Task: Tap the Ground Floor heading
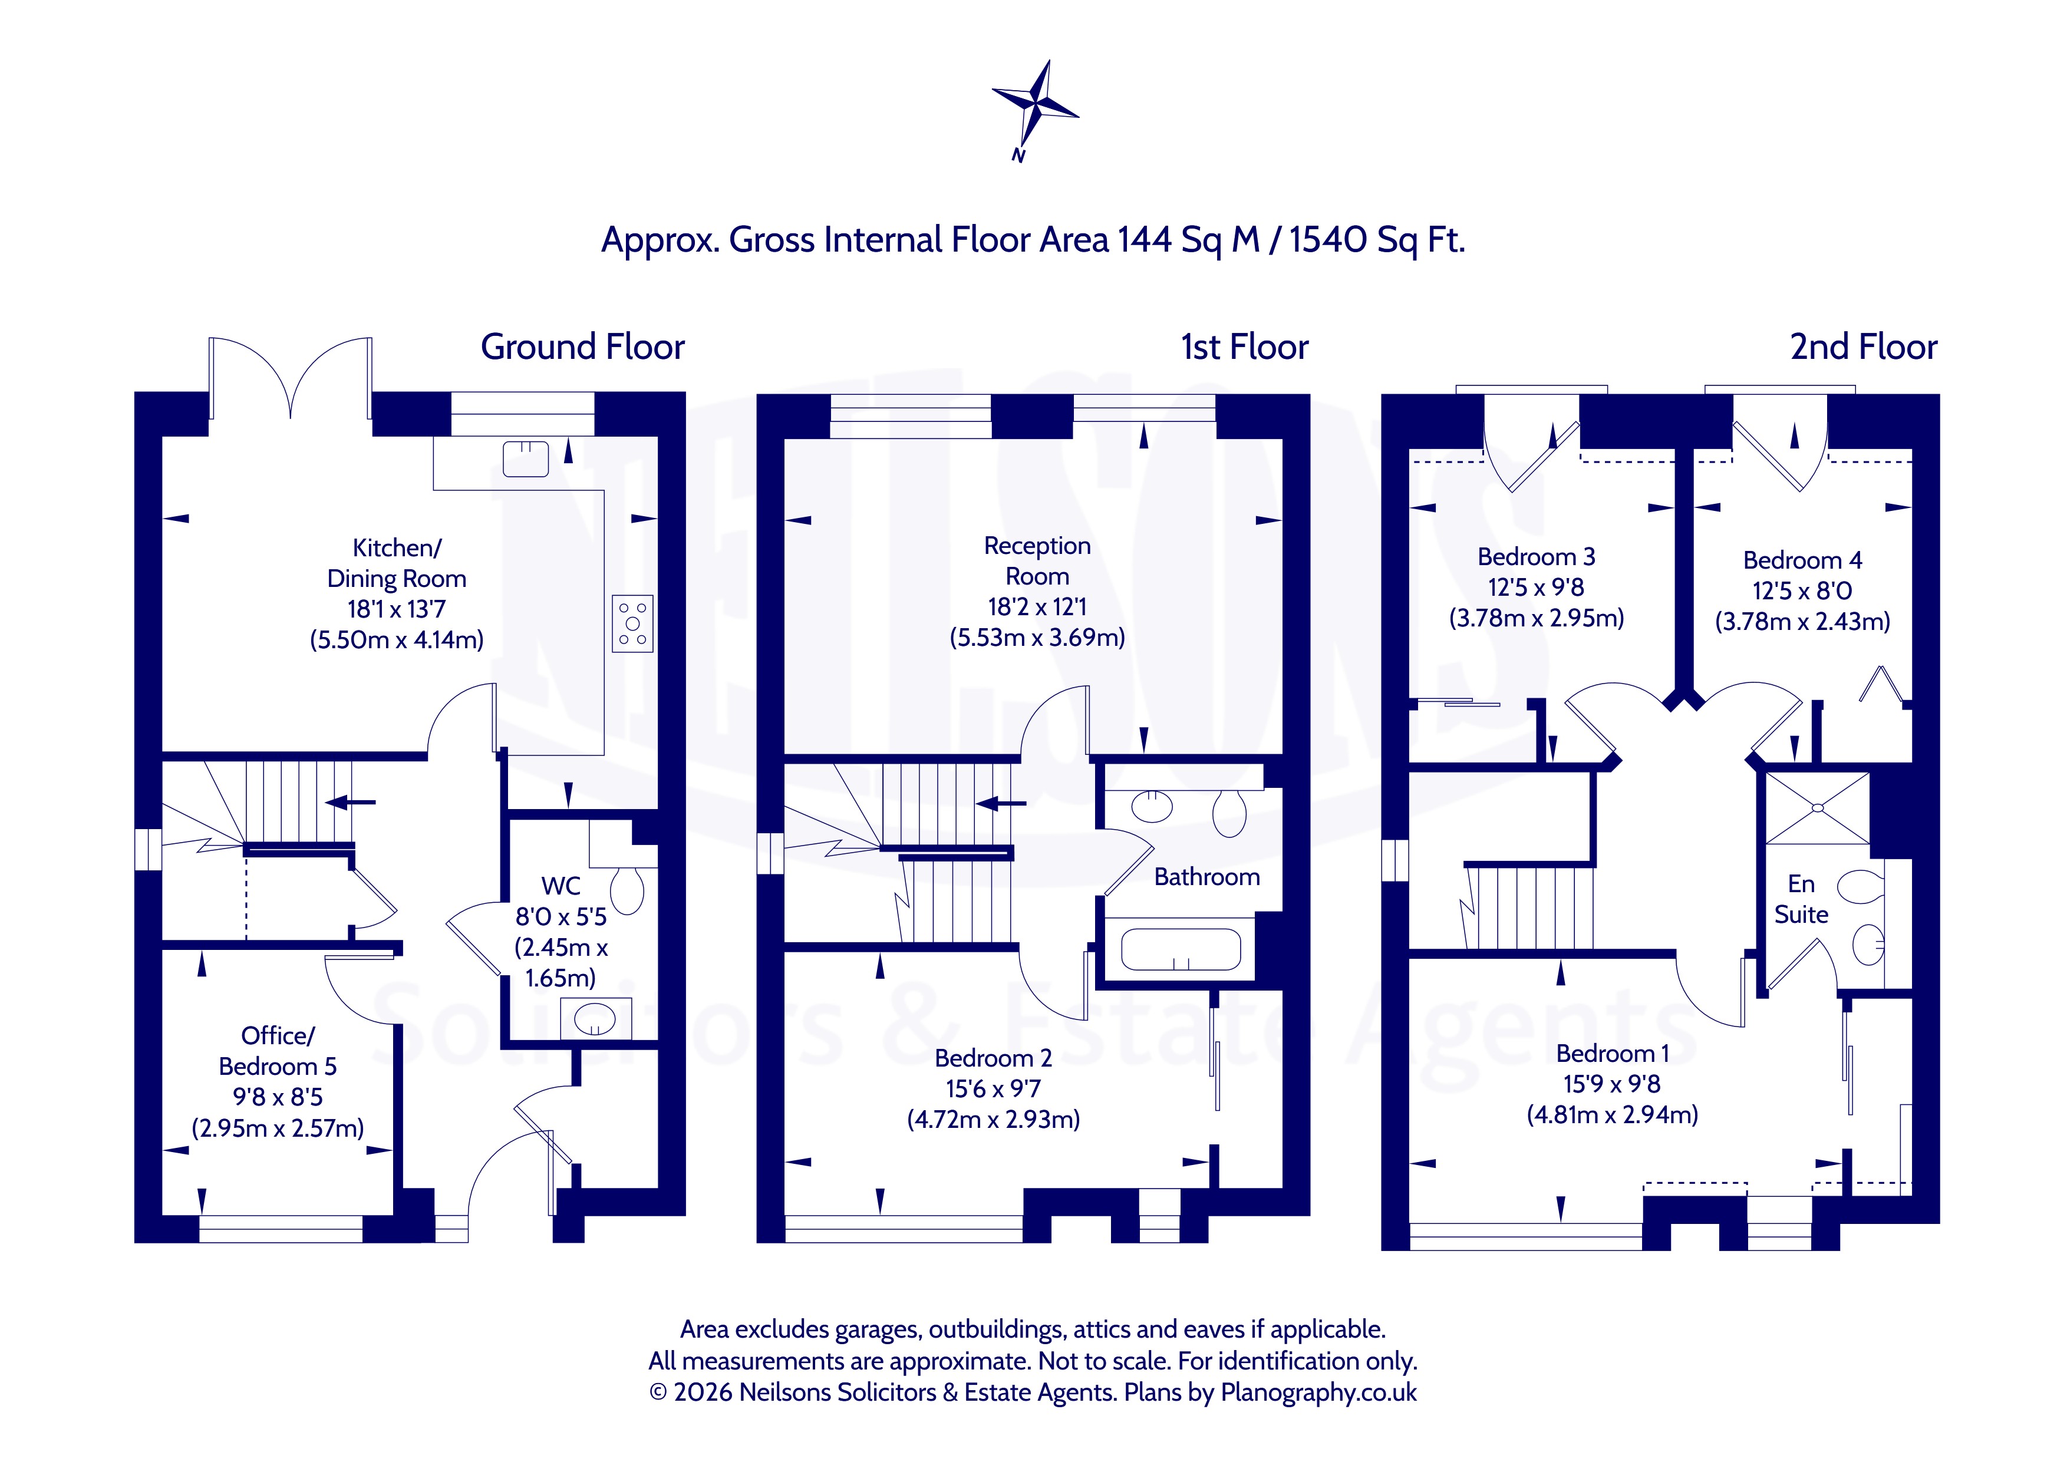(582, 346)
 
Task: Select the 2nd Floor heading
(1864, 346)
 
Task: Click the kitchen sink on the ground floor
(526, 459)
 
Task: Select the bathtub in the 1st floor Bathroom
(1180, 949)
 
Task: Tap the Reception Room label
(1037, 561)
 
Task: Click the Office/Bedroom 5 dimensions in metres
(278, 1128)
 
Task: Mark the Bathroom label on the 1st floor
(1207, 877)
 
